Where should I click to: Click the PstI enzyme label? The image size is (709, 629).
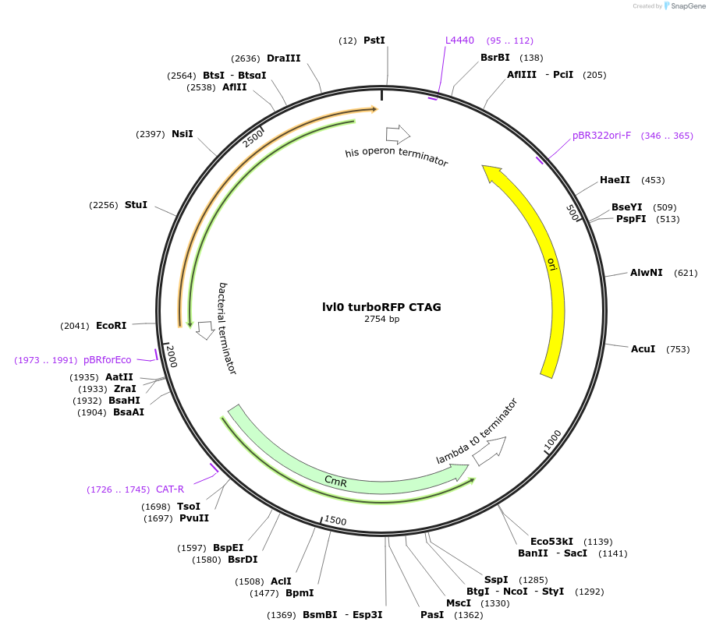(x=374, y=40)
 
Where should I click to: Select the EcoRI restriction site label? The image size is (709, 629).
(x=111, y=326)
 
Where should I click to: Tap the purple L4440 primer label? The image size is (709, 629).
(x=459, y=40)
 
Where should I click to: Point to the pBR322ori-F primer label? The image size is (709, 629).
(x=601, y=136)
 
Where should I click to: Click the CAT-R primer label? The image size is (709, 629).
(x=170, y=489)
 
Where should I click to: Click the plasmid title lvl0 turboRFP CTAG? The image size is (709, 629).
(x=381, y=307)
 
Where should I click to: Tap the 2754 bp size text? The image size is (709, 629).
(x=381, y=319)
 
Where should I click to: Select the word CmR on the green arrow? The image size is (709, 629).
(x=335, y=482)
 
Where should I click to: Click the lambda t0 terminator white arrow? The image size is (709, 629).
(x=489, y=450)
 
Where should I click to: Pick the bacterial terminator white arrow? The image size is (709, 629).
(x=205, y=330)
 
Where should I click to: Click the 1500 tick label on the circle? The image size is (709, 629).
(x=335, y=521)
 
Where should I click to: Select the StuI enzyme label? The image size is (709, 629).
(x=136, y=205)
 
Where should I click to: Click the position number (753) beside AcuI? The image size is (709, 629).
(x=678, y=349)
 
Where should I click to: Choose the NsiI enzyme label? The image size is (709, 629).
(x=182, y=134)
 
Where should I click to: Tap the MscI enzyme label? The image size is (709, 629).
(x=458, y=603)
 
